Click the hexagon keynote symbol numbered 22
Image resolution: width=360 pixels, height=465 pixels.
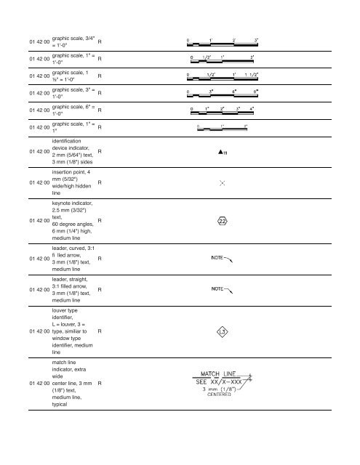(223, 221)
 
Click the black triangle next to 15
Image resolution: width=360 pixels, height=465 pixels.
(219, 152)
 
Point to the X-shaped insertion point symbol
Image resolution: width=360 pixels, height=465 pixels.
(223, 184)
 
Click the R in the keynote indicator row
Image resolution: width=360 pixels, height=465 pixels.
(100, 220)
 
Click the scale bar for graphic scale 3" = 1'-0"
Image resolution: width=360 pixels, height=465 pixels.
(223, 92)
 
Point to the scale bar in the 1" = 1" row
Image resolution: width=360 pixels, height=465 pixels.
(223, 129)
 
